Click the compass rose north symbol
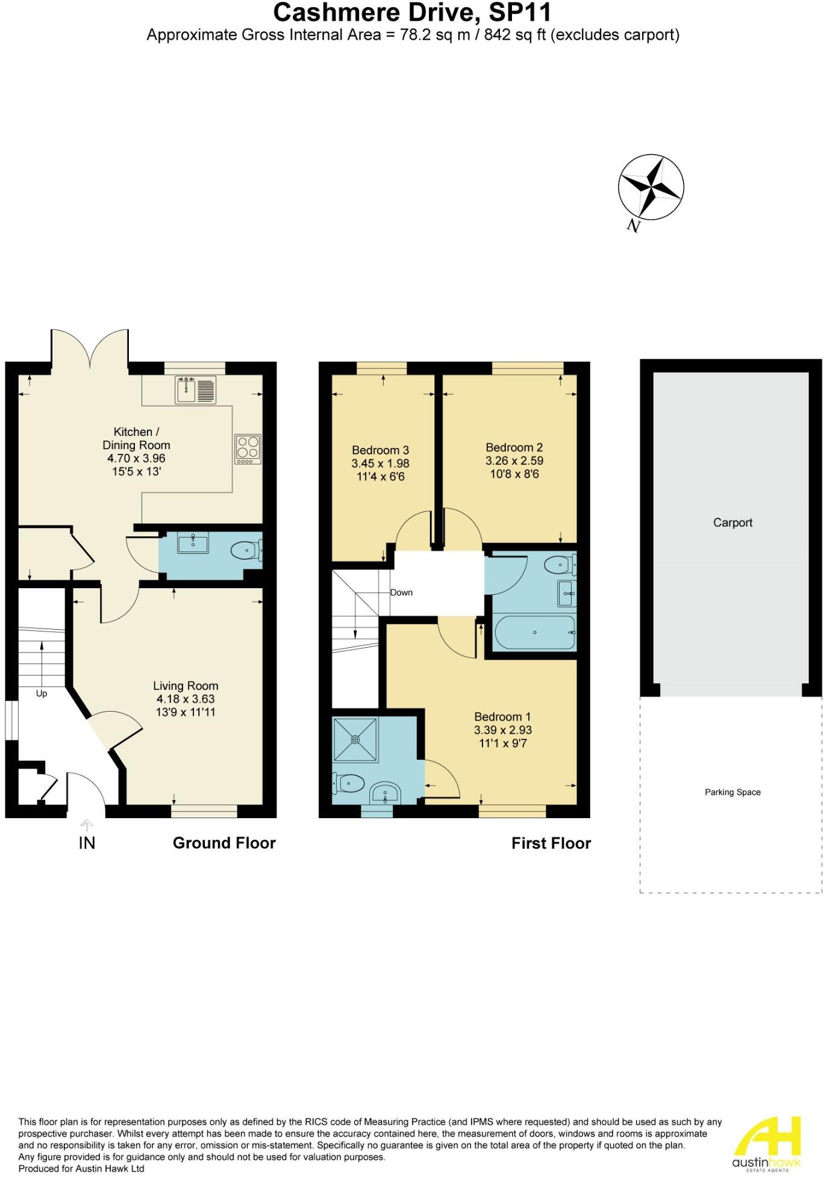coord(651,188)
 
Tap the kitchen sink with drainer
coord(196,390)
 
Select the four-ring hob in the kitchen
coord(248,449)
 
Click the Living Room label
coord(186,686)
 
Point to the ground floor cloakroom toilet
coord(246,550)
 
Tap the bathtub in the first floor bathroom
coord(534,632)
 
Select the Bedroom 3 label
coord(380,450)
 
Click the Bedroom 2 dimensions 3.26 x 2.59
coord(514,461)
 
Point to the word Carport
coord(732,523)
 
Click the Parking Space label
coord(732,792)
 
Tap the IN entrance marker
coord(87,843)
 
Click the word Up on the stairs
coord(42,694)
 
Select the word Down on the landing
coord(401,592)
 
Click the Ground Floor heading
coord(224,843)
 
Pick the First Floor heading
coord(551,843)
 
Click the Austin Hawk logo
coord(766,1144)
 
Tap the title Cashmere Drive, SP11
coord(413,12)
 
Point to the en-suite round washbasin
coord(384,793)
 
